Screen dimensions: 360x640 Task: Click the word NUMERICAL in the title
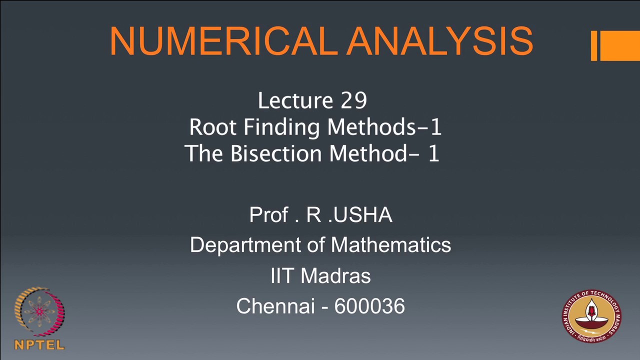[223, 41]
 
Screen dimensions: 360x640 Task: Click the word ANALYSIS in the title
[440, 41]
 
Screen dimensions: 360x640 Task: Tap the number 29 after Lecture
[354, 100]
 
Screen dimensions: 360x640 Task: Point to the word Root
[213, 127]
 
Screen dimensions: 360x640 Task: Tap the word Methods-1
[384, 127]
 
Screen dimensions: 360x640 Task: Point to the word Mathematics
[391, 245]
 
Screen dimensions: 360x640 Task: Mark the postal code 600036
[369, 306]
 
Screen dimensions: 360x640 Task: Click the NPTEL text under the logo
[39, 345]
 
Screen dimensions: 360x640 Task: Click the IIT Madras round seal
[591, 316]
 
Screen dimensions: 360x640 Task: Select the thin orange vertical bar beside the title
[594, 45]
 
